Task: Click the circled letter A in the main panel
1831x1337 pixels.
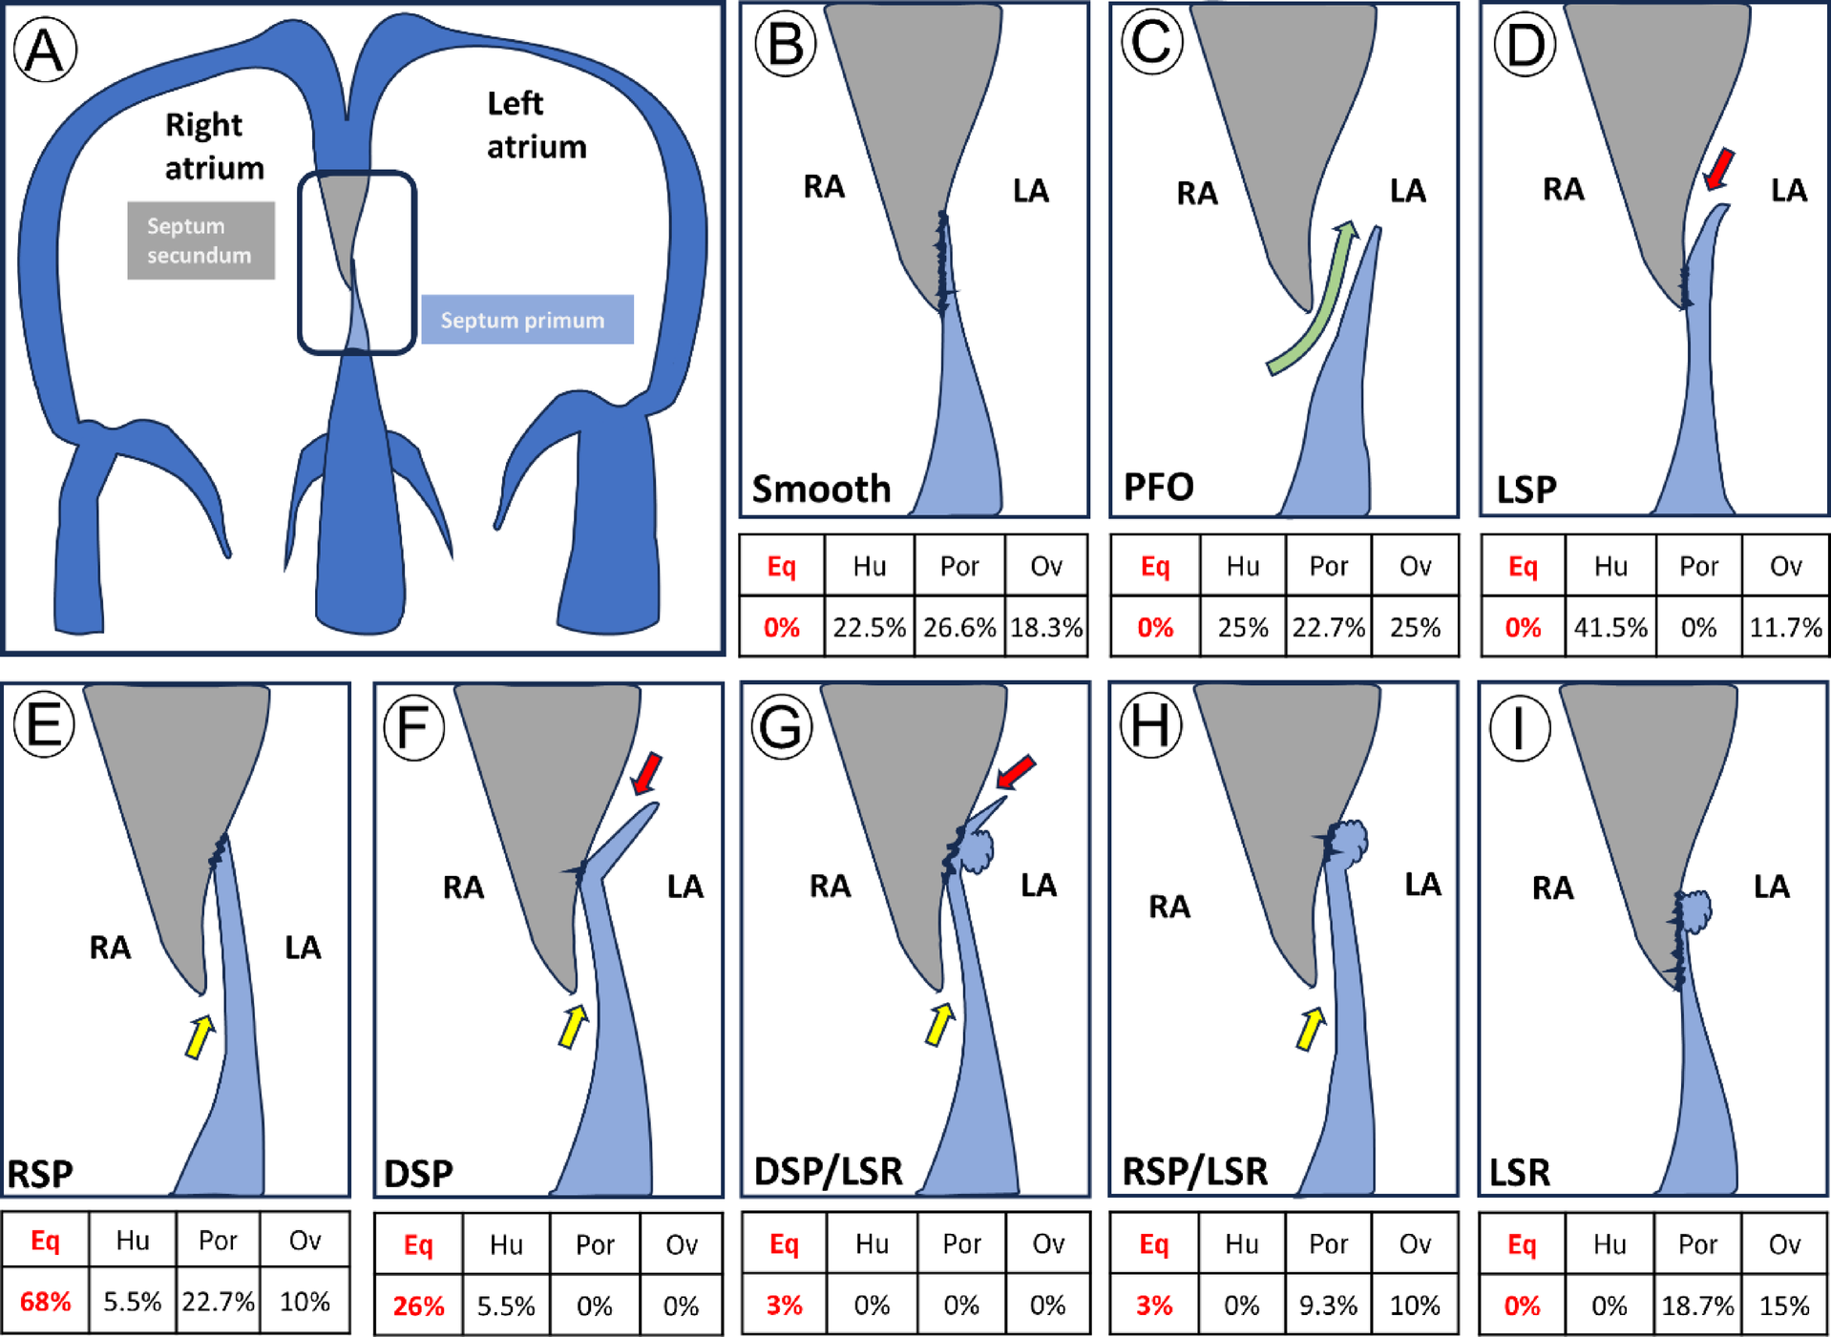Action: (x=45, y=51)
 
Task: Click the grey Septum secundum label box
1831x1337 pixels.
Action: (x=200, y=240)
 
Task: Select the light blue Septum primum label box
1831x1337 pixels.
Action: (x=527, y=320)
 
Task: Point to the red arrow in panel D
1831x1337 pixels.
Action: (x=1718, y=170)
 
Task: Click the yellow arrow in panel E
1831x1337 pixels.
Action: (x=200, y=1036)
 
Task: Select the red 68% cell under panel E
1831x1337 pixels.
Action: (x=45, y=1302)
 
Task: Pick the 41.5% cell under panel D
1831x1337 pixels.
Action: (x=1610, y=627)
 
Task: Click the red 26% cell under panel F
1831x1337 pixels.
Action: (x=418, y=1306)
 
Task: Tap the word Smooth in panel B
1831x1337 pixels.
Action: (x=821, y=489)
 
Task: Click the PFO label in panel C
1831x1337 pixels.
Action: (x=1158, y=488)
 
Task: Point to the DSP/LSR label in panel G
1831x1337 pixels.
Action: (x=828, y=1171)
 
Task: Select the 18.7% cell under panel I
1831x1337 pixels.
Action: (x=1697, y=1305)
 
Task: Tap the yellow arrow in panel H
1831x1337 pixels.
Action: (x=1310, y=1029)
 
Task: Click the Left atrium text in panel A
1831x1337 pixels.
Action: (x=536, y=125)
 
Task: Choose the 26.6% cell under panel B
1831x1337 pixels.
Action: (x=958, y=627)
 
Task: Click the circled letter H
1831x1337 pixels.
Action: (x=1150, y=726)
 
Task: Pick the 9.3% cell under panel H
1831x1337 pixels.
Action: (x=1328, y=1305)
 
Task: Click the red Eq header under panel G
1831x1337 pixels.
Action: (x=784, y=1243)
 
